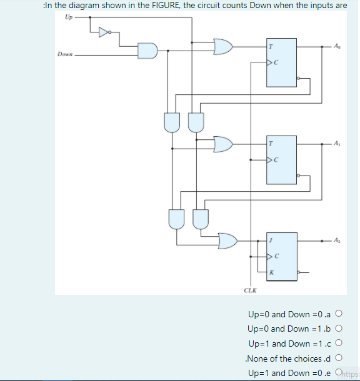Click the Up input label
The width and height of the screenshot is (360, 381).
point(67,17)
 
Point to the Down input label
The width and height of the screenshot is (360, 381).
point(65,54)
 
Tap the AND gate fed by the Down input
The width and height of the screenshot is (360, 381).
point(147,51)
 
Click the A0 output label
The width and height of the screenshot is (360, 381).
point(337,46)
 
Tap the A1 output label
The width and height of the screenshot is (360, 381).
point(337,144)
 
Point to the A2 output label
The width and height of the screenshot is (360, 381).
point(337,240)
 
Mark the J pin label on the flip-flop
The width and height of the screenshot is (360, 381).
point(271,240)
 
